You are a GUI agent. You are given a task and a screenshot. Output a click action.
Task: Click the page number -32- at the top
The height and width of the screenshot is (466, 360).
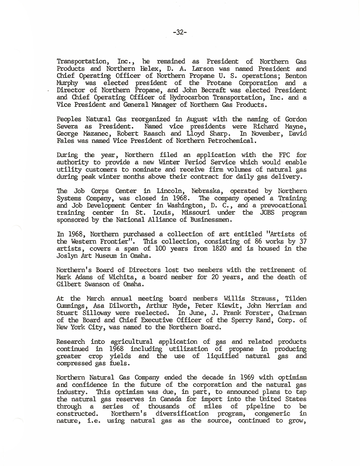click(179, 33)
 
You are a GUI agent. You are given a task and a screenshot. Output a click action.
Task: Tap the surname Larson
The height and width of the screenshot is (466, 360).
click(203, 69)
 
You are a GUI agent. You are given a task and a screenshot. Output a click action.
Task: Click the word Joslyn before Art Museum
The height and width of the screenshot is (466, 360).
click(68, 256)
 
